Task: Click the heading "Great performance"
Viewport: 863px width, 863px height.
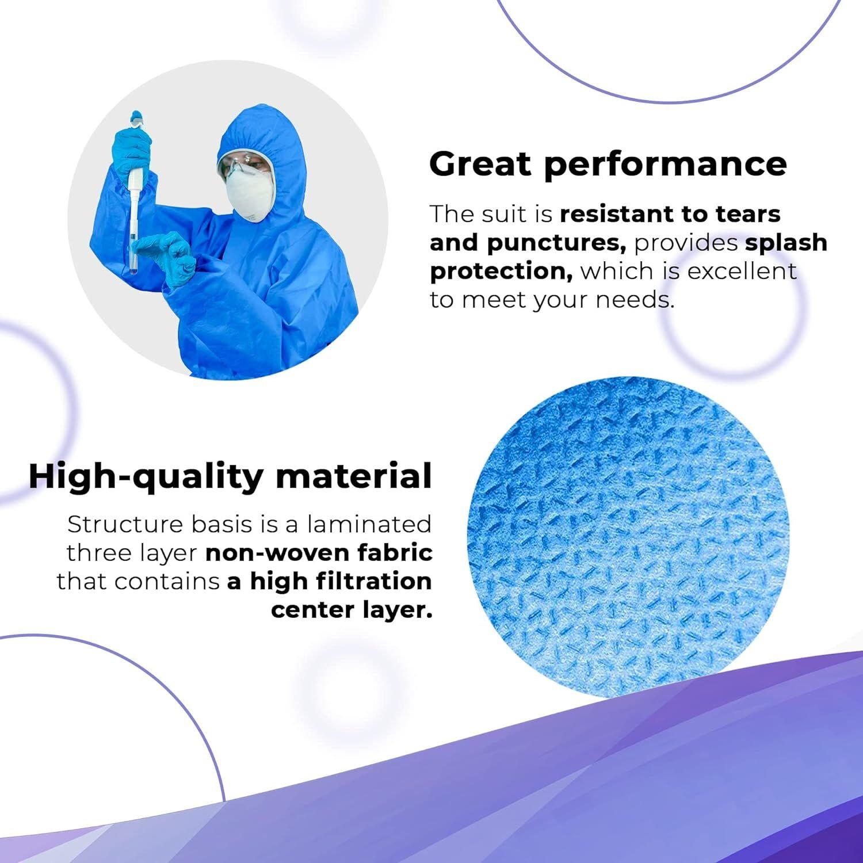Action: pyautogui.click(x=608, y=165)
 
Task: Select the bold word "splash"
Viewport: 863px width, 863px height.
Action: pyautogui.click(x=786, y=242)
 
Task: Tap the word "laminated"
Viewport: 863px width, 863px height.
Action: pyautogui.click(x=369, y=524)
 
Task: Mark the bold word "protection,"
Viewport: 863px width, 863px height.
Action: pyautogui.click(x=501, y=271)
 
